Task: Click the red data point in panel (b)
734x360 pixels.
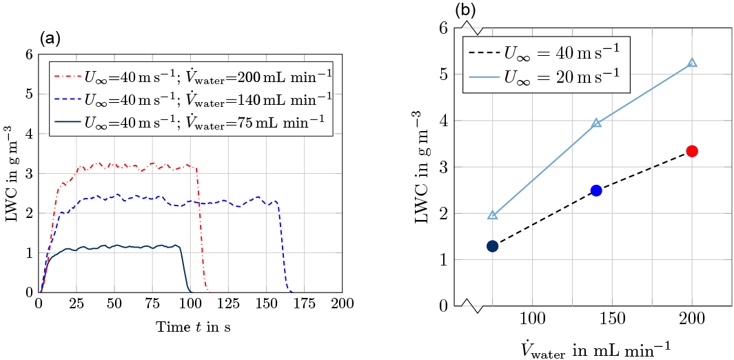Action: [692, 151]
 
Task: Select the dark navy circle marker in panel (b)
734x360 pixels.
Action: [492, 246]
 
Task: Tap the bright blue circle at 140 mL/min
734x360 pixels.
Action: [596, 190]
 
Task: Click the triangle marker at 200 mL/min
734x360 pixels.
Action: [692, 63]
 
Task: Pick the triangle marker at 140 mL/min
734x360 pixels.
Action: [596, 123]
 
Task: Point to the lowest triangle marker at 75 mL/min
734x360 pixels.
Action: [492, 215]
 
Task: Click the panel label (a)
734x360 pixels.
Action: [50, 39]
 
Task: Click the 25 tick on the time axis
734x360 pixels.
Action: [77, 303]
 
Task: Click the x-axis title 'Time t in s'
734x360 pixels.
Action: [193, 327]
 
